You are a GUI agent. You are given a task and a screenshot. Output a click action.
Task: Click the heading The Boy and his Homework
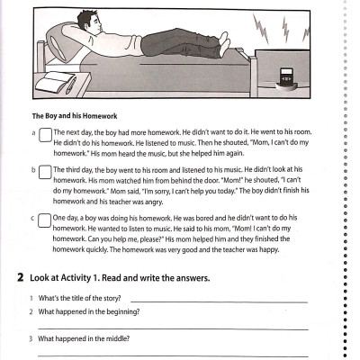[82, 115]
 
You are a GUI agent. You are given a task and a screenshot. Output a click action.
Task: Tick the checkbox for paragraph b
[45, 171]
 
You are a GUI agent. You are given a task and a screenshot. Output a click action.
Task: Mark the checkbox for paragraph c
[45, 219]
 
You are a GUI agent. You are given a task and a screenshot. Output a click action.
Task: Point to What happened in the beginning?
[90, 311]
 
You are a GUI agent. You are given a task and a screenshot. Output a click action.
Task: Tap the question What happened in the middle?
[86, 339]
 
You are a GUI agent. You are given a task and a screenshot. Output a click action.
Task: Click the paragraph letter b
[34, 169]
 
